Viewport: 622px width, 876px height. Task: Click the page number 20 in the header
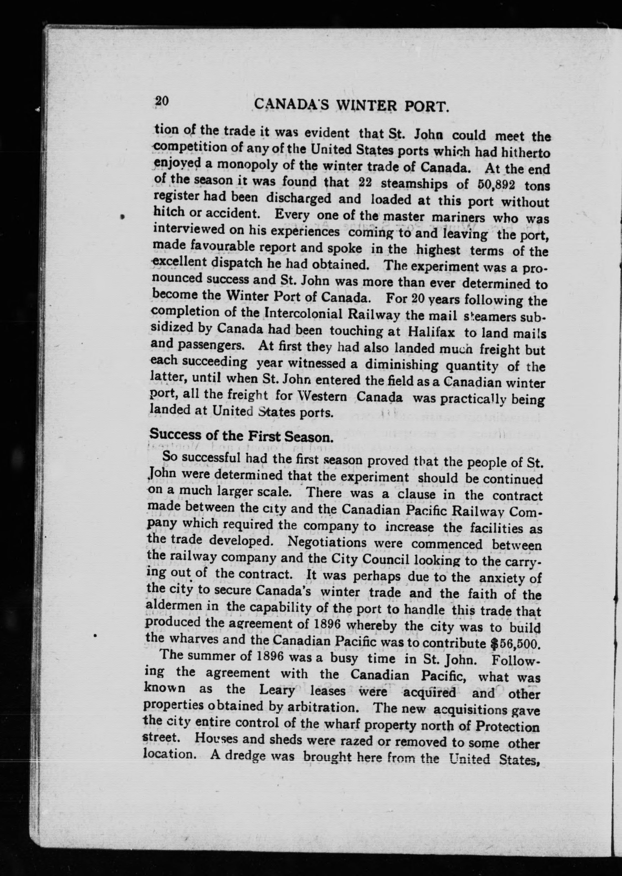[161, 101]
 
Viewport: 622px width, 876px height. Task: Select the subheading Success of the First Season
[241, 436]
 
